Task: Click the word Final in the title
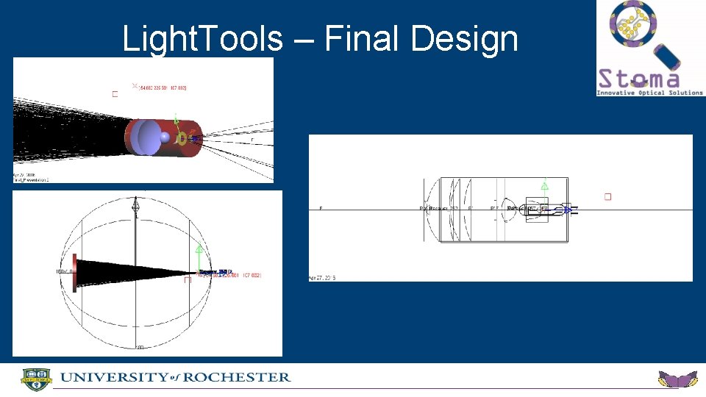click(x=362, y=38)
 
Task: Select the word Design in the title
click(x=464, y=38)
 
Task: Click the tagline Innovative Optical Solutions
click(x=649, y=93)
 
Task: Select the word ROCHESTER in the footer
click(x=237, y=377)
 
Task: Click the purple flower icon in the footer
click(x=677, y=379)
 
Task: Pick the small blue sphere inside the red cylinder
click(x=165, y=137)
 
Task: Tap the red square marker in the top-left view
click(x=114, y=94)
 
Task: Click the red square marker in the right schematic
click(x=607, y=196)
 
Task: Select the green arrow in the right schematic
click(x=544, y=187)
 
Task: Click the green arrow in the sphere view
click(x=199, y=250)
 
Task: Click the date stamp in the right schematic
click(x=322, y=279)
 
